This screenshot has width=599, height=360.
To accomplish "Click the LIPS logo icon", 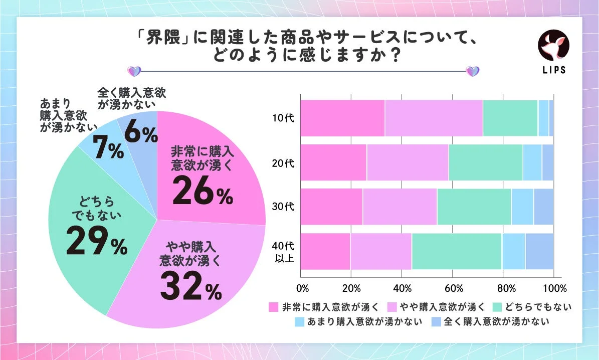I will [x=554, y=46].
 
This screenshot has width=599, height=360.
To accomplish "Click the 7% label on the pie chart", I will [x=108, y=149].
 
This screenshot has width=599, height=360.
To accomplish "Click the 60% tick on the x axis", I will [x=454, y=288].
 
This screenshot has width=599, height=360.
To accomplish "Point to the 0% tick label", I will [x=302, y=288].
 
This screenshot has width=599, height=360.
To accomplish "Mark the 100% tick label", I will [x=554, y=288].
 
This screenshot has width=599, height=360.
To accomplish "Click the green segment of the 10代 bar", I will [x=510, y=118].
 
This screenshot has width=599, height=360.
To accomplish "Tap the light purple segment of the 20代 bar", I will [x=407, y=162].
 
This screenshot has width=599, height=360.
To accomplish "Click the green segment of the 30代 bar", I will [x=474, y=207].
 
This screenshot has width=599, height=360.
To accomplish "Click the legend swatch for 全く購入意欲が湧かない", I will [x=436, y=321].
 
